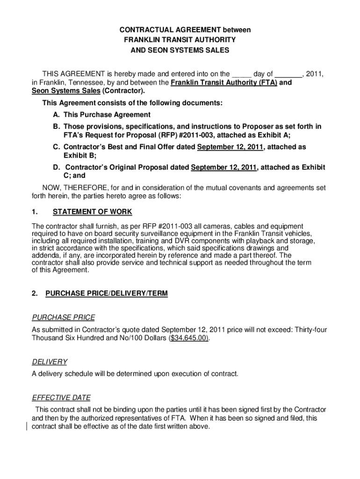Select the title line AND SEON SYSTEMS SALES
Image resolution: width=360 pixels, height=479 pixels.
click(x=180, y=51)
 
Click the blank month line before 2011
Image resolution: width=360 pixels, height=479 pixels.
click(x=288, y=74)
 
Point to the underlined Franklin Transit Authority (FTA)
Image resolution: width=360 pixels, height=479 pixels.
click(x=224, y=83)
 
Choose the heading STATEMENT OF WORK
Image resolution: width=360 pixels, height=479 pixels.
click(x=93, y=212)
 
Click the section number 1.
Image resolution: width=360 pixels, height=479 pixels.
click(x=35, y=212)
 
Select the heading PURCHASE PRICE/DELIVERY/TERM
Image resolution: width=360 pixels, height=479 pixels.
click(x=106, y=294)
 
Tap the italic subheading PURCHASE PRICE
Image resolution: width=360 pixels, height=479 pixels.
click(x=63, y=318)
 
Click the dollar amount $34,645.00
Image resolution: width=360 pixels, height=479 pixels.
click(x=189, y=338)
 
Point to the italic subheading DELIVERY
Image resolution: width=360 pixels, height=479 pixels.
click(x=50, y=362)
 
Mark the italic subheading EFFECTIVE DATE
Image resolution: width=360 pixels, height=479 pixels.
click(x=61, y=398)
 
